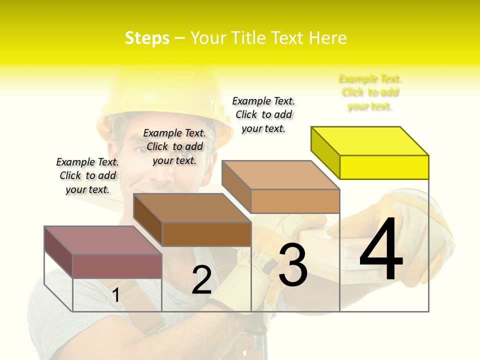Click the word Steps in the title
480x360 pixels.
147,38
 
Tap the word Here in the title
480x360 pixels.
327,38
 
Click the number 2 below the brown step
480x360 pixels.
201,280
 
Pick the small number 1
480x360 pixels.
116,295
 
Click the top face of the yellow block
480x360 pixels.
370,140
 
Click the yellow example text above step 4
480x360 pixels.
370,92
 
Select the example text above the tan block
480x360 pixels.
263,114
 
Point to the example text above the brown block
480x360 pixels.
174,146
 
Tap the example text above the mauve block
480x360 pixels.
87,175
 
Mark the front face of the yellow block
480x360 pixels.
384,167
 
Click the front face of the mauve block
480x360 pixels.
117,266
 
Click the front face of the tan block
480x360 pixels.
295,201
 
